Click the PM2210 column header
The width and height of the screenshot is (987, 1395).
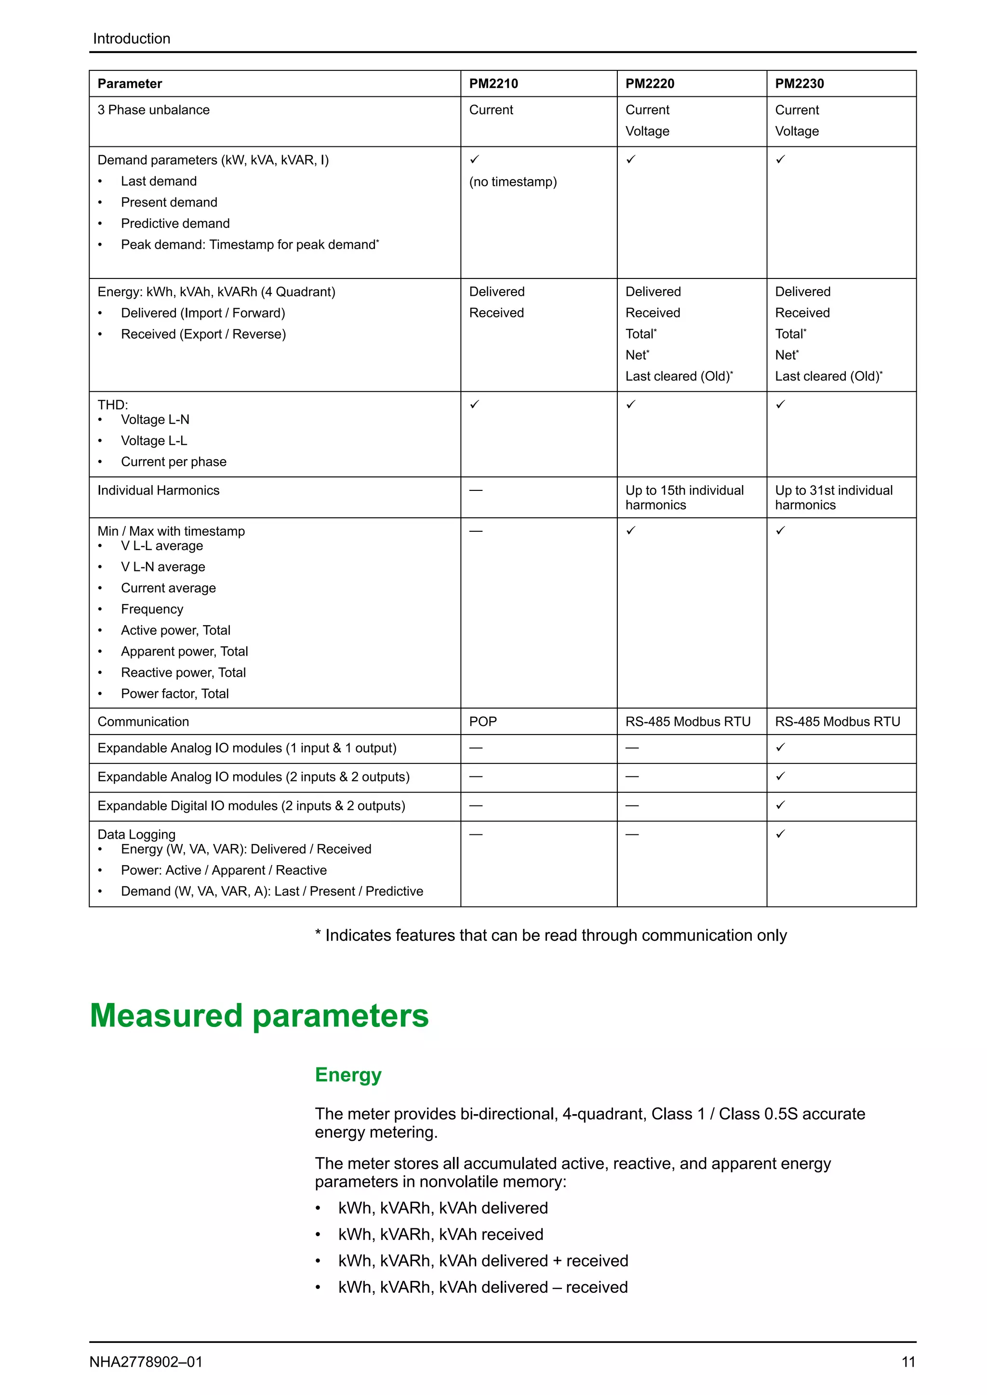point(493,84)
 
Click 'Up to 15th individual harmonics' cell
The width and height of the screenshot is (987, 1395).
point(684,497)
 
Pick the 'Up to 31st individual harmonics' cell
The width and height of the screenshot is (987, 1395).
point(833,497)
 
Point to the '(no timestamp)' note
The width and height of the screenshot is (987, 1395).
point(512,182)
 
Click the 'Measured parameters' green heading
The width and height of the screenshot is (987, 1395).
point(259,1015)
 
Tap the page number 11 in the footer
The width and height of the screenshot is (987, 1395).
point(908,1362)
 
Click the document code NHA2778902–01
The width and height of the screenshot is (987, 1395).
point(146,1362)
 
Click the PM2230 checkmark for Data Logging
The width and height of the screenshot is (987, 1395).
point(780,834)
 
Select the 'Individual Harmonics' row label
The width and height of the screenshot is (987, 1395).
point(158,490)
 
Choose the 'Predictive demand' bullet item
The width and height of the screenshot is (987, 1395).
point(175,224)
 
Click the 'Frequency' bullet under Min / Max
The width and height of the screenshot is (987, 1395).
point(152,609)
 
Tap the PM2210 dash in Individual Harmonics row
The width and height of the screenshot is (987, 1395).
point(475,490)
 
